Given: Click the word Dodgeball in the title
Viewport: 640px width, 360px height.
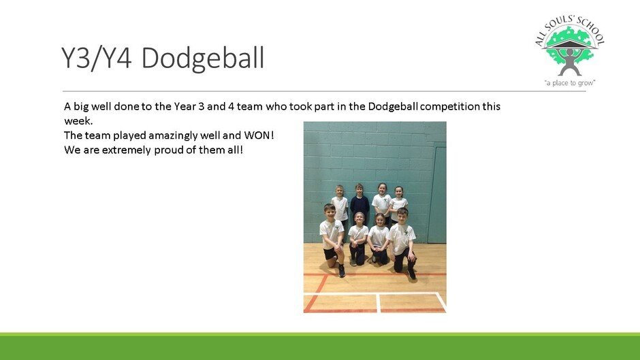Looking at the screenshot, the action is [x=203, y=59].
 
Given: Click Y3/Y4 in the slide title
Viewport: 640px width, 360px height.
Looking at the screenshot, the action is [x=97, y=58].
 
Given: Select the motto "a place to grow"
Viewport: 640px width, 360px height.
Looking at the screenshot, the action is [x=570, y=83].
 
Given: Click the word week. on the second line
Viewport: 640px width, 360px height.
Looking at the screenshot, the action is [x=78, y=121].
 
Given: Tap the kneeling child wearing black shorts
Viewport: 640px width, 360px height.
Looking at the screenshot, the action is [x=333, y=240].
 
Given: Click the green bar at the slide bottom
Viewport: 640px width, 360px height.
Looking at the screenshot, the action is [x=320, y=346].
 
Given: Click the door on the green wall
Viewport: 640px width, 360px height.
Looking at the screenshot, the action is [x=436, y=195].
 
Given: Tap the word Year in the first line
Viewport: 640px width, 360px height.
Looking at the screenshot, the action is [x=185, y=107].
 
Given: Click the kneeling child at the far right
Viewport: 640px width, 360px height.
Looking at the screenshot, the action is [x=403, y=242].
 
